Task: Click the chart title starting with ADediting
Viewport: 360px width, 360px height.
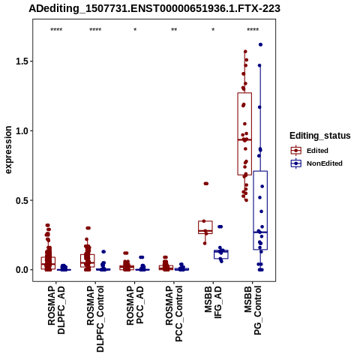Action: click(x=154, y=9)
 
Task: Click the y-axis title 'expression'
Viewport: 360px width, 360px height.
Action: click(x=8, y=150)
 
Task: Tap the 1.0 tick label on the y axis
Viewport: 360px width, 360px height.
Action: click(x=22, y=130)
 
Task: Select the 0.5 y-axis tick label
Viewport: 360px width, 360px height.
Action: click(x=22, y=200)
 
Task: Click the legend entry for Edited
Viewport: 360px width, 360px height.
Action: click(x=317, y=151)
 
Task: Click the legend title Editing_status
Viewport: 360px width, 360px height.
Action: click(x=320, y=136)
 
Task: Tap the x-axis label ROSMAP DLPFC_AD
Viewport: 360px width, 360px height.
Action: click(x=56, y=310)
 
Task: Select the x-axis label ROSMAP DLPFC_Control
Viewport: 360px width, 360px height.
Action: click(x=95, y=319)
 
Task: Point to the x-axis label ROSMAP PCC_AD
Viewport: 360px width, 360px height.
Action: click(x=135, y=305)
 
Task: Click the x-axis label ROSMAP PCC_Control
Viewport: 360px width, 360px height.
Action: click(x=174, y=313)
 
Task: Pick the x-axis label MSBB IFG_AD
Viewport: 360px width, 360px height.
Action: click(x=213, y=302)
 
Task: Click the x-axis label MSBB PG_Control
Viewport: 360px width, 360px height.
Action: click(x=253, y=310)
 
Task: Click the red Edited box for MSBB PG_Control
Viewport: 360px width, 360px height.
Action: click(x=244, y=133)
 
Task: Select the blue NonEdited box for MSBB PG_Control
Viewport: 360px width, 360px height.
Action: click(x=260, y=210)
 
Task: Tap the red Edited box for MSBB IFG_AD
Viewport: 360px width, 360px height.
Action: click(x=205, y=227)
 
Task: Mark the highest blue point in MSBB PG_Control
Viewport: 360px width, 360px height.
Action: click(x=260, y=44)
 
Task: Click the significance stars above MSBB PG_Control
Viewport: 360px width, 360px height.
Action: click(x=253, y=30)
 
